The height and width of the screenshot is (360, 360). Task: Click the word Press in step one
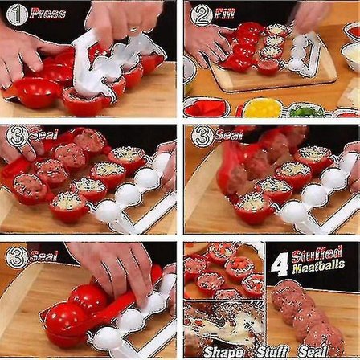(x=47, y=14)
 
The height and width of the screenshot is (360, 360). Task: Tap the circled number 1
(x=17, y=14)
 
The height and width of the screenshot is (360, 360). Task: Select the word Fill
(x=224, y=14)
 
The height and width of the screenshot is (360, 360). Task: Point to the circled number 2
(x=202, y=14)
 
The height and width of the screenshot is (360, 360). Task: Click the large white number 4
(x=280, y=262)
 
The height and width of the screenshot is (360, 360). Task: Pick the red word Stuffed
(x=317, y=254)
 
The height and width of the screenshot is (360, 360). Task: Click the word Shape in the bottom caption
(x=223, y=351)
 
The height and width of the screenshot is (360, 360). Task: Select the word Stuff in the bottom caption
(x=272, y=351)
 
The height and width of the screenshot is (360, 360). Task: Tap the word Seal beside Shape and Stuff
(x=313, y=351)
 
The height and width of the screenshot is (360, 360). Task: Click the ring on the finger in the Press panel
(x=133, y=29)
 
